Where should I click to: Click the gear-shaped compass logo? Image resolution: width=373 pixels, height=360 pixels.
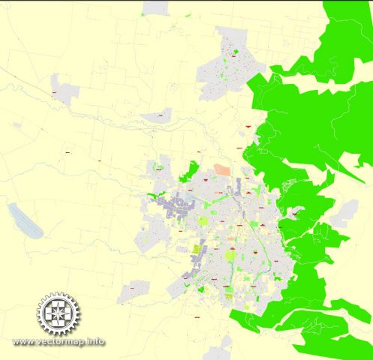point(58,314)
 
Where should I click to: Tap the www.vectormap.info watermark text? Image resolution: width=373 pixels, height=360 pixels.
point(59,342)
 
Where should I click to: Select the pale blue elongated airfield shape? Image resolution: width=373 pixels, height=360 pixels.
point(24,220)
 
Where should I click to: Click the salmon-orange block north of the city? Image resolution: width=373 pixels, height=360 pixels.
point(223,170)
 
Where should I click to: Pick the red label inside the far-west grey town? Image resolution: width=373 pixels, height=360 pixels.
point(56,93)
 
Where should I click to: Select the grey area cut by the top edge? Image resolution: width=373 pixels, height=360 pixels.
point(155,7)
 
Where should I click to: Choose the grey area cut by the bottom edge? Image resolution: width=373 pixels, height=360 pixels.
point(219,353)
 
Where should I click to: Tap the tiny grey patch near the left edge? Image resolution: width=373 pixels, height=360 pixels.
point(14,124)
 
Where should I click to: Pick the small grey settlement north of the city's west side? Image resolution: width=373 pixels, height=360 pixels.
point(158,115)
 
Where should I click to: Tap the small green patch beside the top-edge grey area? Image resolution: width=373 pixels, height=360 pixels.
point(173,10)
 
